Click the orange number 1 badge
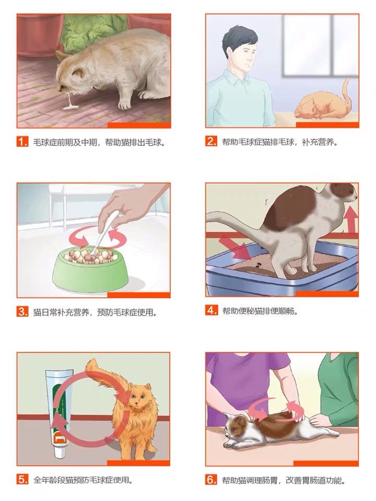22,141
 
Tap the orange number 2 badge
211,141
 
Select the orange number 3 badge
22,312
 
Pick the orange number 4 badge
211,310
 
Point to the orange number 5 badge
22,479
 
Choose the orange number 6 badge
211,480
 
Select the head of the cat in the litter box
343,193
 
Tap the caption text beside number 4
260,311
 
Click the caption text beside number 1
99,142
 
